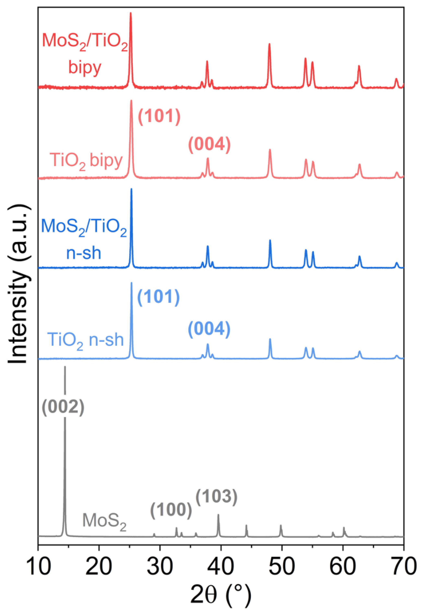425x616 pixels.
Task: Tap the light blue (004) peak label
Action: coord(209,330)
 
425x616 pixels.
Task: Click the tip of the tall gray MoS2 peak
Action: coord(65,367)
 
